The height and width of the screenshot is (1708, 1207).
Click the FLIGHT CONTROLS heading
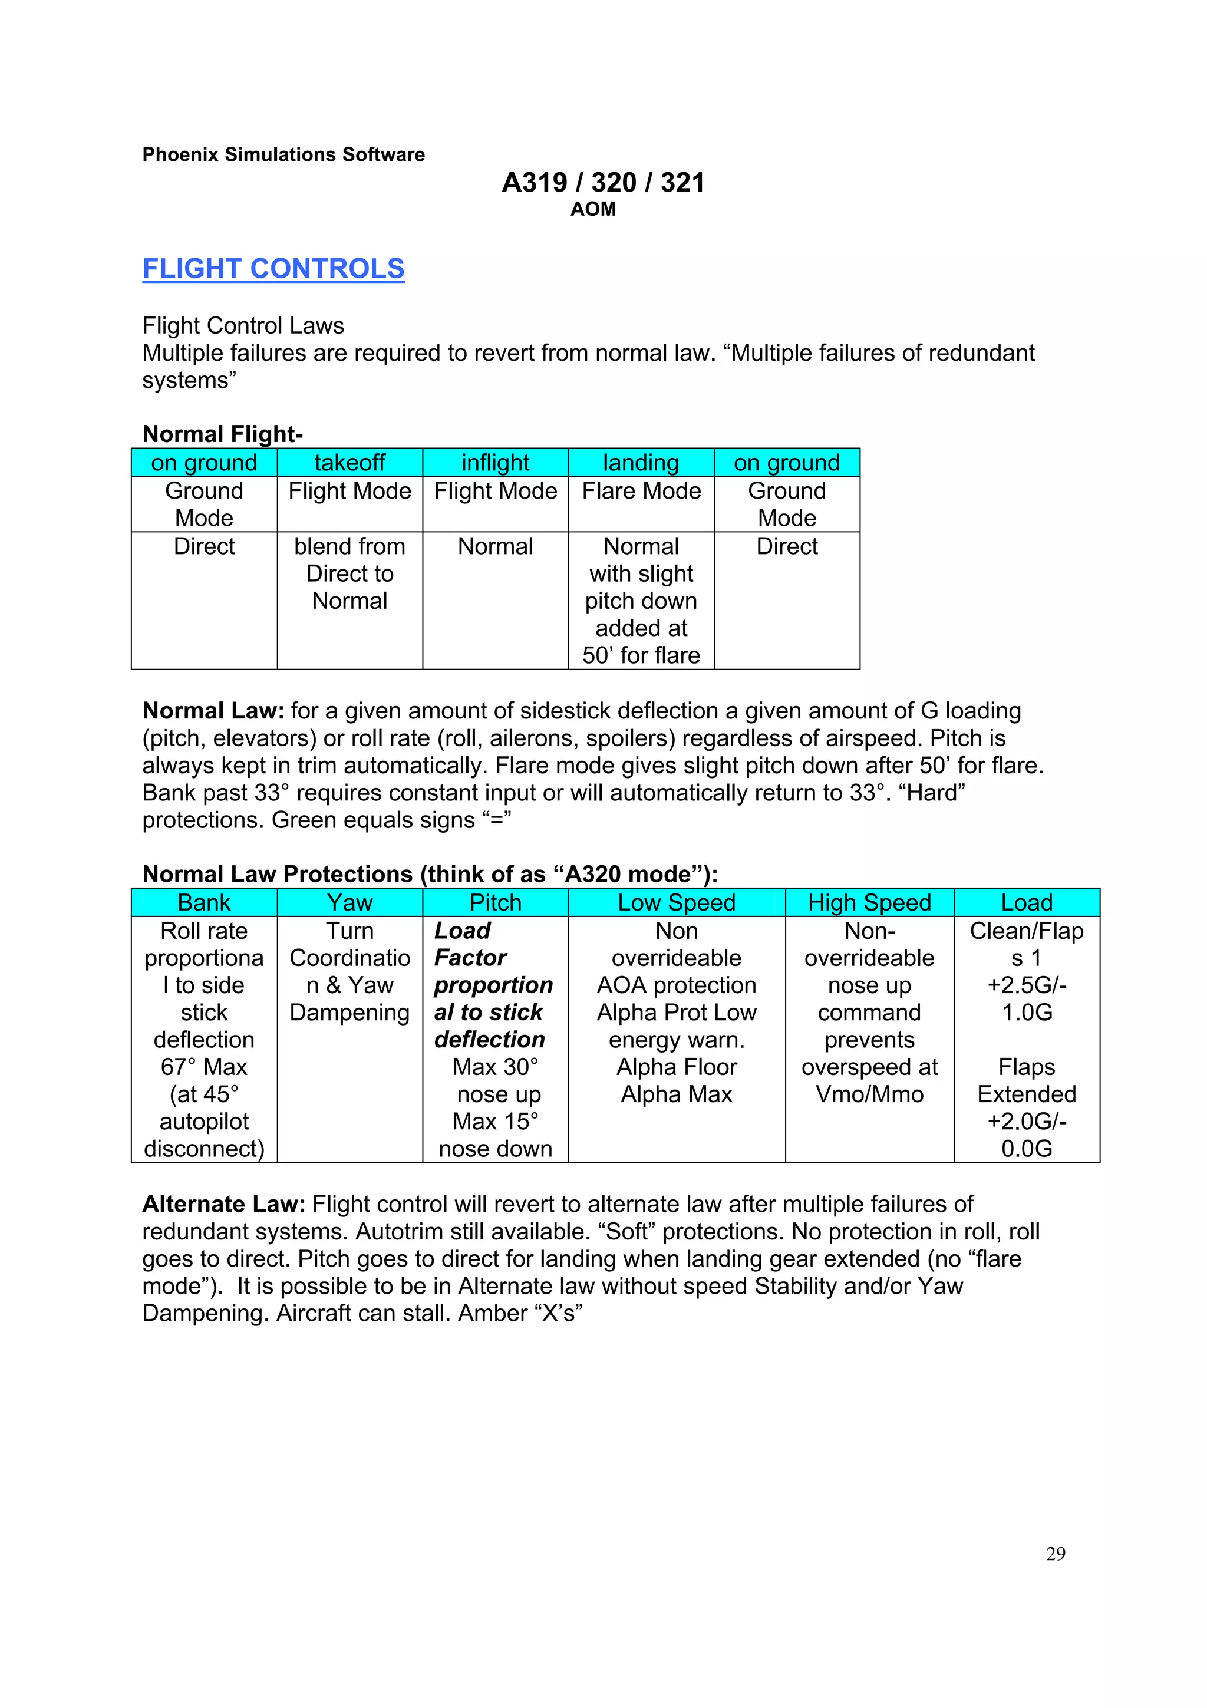pyautogui.click(x=273, y=269)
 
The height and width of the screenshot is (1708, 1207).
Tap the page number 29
pyautogui.click(x=1056, y=1553)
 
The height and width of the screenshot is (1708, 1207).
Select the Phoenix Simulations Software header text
pyautogui.click(x=283, y=155)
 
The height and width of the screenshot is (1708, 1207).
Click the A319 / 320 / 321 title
pyautogui.click(x=602, y=182)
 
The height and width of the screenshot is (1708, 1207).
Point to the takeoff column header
pyautogui.click(x=349, y=463)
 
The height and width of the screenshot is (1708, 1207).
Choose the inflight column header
pyautogui.click(x=495, y=463)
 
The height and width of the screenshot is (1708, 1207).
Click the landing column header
pyautogui.click(x=641, y=463)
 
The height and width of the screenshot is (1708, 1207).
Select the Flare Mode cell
pyautogui.click(x=641, y=491)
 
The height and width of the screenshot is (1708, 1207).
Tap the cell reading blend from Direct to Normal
pyautogui.click(x=349, y=573)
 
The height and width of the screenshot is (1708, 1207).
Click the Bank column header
pyautogui.click(x=204, y=902)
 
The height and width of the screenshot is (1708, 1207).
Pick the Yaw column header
pyautogui.click(x=349, y=902)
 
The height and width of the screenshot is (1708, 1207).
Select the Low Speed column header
pyautogui.click(x=676, y=902)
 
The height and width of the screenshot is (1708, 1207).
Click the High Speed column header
pyautogui.click(x=869, y=902)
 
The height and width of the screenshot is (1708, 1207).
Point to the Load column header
pyautogui.click(x=1026, y=902)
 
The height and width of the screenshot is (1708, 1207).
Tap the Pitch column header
pyautogui.click(x=495, y=902)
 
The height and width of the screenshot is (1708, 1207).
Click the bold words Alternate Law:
pyautogui.click(x=224, y=1204)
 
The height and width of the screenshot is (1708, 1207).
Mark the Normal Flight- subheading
pyautogui.click(x=222, y=434)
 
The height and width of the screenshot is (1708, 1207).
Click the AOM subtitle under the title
pyautogui.click(x=593, y=209)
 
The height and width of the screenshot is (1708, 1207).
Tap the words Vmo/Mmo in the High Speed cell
pyautogui.click(x=869, y=1094)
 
